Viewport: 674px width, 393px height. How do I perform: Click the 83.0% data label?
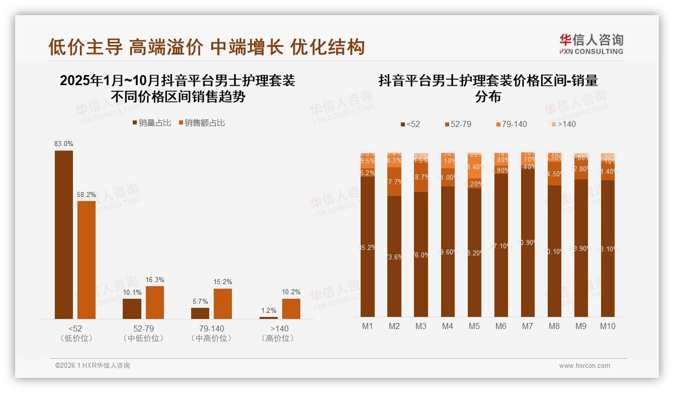click(x=64, y=144)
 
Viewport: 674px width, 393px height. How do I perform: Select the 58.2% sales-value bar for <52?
click(x=86, y=259)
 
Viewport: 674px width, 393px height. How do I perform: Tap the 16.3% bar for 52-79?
click(x=155, y=302)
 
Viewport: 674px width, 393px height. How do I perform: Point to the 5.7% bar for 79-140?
click(x=200, y=313)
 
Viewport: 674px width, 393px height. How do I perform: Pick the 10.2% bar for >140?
click(x=291, y=308)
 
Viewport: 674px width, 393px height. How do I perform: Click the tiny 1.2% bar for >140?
click(x=268, y=317)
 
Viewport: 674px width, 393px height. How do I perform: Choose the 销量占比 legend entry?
click(x=151, y=123)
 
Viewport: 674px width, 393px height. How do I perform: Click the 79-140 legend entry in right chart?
click(x=511, y=124)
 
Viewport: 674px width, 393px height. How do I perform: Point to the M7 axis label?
click(x=527, y=326)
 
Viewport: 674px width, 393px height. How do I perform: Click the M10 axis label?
click(x=607, y=326)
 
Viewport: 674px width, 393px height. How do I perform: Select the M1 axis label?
click(x=368, y=326)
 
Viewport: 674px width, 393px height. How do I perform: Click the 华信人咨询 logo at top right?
click(x=591, y=44)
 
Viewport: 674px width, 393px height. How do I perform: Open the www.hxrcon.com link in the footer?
click(x=584, y=366)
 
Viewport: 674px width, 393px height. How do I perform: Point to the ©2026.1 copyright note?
click(x=93, y=366)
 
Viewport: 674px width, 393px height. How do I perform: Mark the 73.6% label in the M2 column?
click(x=394, y=257)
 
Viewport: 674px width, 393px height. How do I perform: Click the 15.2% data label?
click(x=223, y=282)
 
